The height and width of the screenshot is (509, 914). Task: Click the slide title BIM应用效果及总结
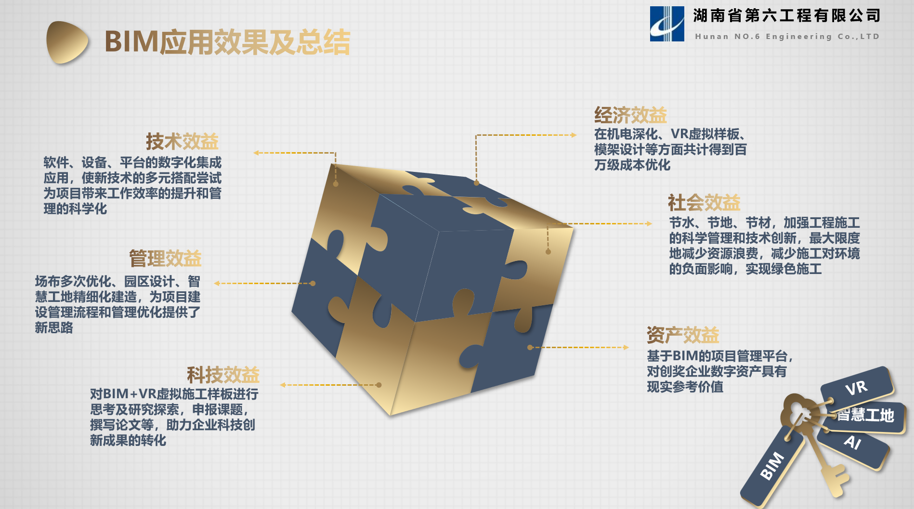pyautogui.click(x=227, y=42)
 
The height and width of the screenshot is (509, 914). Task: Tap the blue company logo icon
pyautogui.click(x=667, y=24)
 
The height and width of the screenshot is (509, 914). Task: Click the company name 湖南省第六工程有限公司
pyautogui.click(x=787, y=16)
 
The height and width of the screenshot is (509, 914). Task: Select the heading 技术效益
pyautogui.click(x=182, y=142)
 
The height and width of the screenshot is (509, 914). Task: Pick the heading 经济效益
pyautogui.click(x=630, y=115)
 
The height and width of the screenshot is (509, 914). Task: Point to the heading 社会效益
pyautogui.click(x=704, y=203)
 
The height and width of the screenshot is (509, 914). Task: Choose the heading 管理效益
pyautogui.click(x=165, y=259)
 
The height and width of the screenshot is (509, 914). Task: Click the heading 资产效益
pyautogui.click(x=683, y=335)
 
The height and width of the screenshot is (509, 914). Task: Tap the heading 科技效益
pyautogui.click(x=223, y=375)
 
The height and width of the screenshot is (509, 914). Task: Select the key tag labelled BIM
pyautogui.click(x=772, y=466)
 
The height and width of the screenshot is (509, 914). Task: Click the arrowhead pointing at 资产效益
pyautogui.click(x=626, y=347)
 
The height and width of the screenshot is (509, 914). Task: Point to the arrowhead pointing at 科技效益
pyautogui.click(x=283, y=385)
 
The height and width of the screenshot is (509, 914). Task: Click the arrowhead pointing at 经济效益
pyautogui.click(x=574, y=135)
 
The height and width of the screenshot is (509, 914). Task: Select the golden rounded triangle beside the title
pyautogui.click(x=67, y=42)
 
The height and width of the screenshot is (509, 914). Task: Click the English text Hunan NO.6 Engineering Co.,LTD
pyautogui.click(x=787, y=37)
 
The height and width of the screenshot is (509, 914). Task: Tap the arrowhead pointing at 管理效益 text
pyautogui.click(x=217, y=283)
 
